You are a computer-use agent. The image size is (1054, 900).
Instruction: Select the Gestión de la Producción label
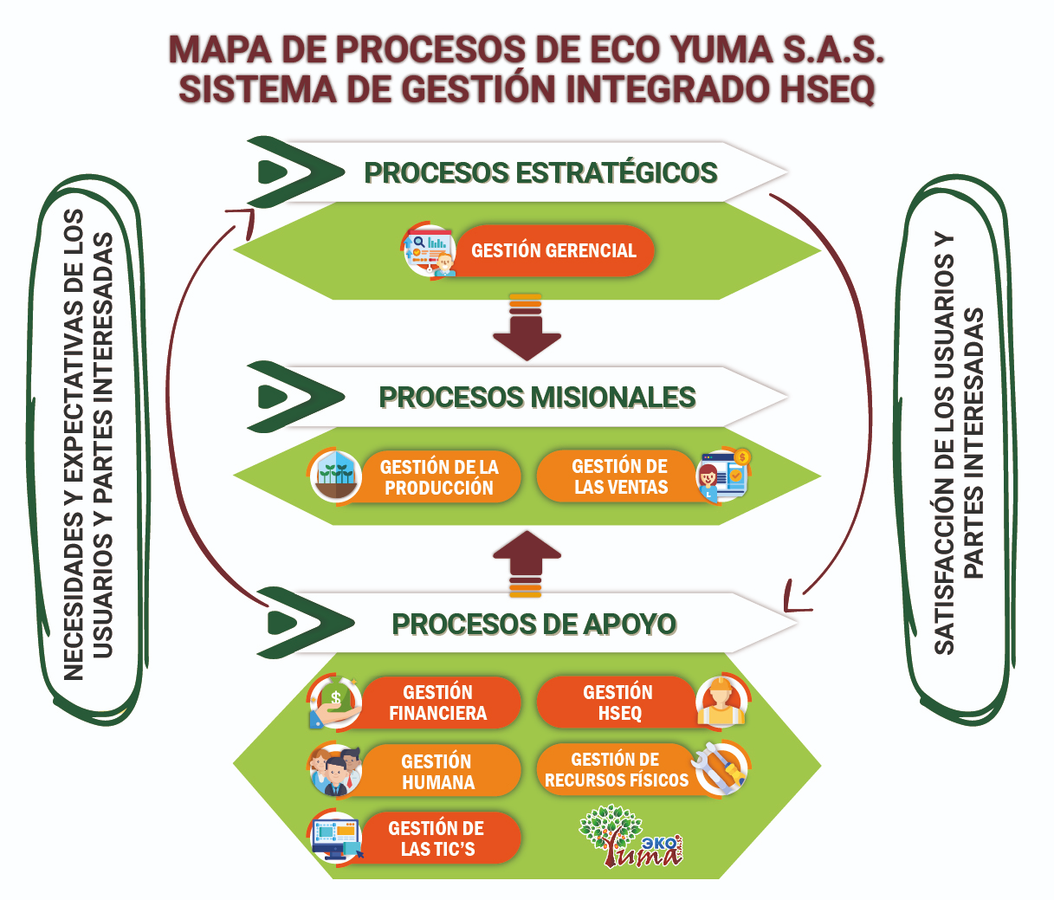(439, 477)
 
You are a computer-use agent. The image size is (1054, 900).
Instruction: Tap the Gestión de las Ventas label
(620, 476)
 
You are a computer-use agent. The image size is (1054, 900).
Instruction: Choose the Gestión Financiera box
(438, 703)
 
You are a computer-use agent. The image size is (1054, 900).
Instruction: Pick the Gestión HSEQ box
(618, 703)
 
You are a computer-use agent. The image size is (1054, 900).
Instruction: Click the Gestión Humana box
(438, 772)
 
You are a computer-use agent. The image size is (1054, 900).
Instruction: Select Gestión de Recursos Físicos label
(616, 770)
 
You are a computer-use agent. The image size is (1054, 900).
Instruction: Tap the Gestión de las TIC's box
(437, 838)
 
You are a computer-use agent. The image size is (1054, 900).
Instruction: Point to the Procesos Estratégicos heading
(540, 172)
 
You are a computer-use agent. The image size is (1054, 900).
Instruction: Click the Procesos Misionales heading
(537, 398)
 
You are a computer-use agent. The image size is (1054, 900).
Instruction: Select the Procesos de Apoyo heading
(533, 624)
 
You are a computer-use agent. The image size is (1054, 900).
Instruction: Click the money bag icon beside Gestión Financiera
(335, 703)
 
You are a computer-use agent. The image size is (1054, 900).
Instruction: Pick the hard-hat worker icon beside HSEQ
(721, 703)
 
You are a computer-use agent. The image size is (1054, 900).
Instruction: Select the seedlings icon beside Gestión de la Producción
(336, 476)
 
